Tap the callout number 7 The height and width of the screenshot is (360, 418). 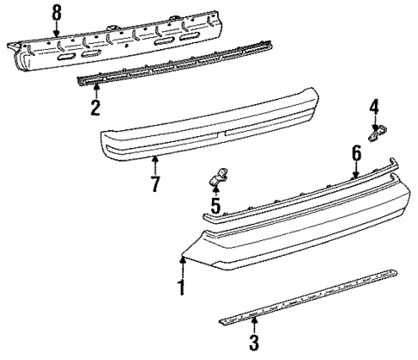[x=155, y=183]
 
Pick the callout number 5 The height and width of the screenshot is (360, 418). [x=215, y=206]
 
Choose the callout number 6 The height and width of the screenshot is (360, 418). [x=355, y=152]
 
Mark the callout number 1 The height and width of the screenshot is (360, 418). [x=181, y=289]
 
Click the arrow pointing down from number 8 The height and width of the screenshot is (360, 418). [x=57, y=28]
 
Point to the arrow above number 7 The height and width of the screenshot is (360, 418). [x=155, y=163]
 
